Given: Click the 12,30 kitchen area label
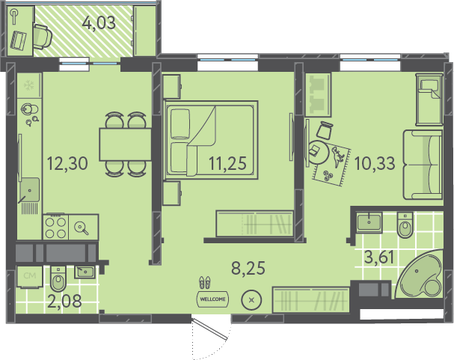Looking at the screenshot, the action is [67, 163].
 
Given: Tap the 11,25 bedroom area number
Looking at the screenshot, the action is [227, 163].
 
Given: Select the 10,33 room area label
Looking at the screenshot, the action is [375, 163].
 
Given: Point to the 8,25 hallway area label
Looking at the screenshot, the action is [248, 268].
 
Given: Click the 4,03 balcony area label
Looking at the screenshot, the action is [99, 23].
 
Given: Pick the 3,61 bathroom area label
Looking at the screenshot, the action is [379, 257].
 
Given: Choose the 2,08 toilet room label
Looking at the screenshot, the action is [64, 301].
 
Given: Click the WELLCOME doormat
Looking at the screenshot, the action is [212, 299].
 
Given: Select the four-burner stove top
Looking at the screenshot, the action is [55, 228].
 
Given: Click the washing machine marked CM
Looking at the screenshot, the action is [29, 277].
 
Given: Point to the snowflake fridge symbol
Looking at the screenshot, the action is [29, 85].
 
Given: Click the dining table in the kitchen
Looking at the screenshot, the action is [125, 144].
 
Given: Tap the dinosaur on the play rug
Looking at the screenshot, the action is [337, 156].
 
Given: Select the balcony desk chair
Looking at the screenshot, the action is [43, 37].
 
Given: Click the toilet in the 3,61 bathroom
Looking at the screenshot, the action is [405, 225].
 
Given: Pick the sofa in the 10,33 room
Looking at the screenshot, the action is [423, 165].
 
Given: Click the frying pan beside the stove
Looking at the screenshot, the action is [81, 228].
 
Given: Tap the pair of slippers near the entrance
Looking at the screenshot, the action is [205, 282].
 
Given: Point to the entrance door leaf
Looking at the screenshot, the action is [209, 329].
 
